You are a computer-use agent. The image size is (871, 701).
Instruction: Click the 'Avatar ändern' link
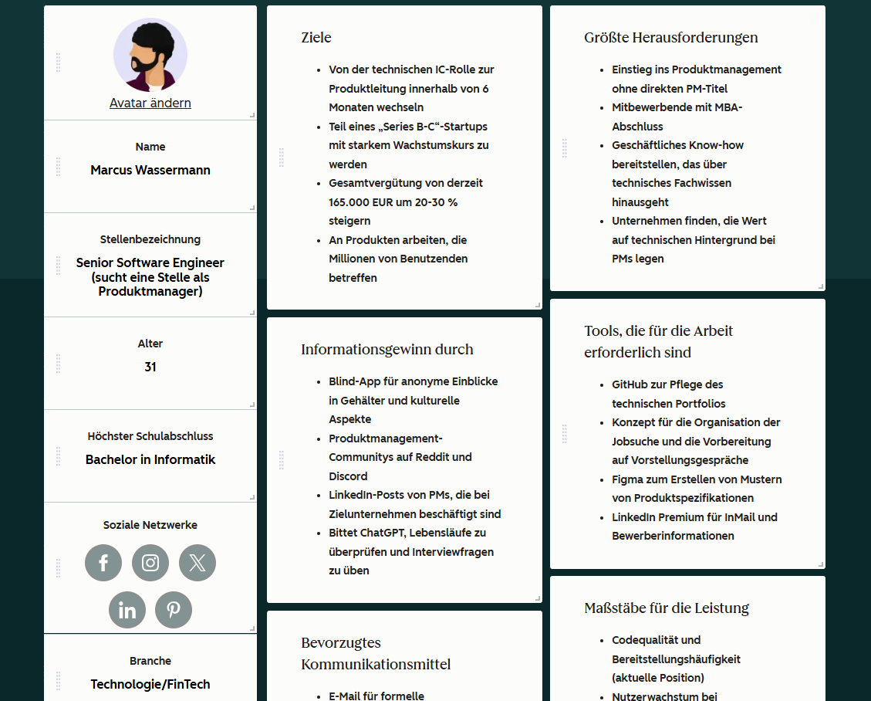pos(150,103)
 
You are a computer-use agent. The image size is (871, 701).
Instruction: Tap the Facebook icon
pos(103,563)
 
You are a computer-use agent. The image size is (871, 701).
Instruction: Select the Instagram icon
pos(150,563)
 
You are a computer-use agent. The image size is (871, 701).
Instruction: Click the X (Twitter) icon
pos(197,563)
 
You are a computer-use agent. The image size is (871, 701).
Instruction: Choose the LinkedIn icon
pos(127,610)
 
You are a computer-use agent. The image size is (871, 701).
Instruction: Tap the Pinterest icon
pos(174,610)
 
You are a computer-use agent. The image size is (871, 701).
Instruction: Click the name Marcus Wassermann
pos(150,170)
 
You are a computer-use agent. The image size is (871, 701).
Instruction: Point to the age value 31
pos(150,367)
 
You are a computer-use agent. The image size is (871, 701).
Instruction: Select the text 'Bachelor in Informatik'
pos(150,459)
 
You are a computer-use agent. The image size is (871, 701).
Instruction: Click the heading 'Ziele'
pos(316,38)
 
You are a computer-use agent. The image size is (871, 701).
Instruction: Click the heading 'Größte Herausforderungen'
pos(671,38)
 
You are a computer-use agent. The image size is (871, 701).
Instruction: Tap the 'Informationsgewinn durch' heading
pos(387,350)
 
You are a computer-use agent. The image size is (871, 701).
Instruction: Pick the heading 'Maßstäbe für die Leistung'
pos(667,608)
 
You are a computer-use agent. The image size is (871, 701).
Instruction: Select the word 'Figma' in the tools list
pos(628,479)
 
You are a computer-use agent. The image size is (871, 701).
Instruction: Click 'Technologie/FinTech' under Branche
pos(150,684)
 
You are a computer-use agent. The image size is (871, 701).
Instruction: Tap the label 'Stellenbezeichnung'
pos(150,239)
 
